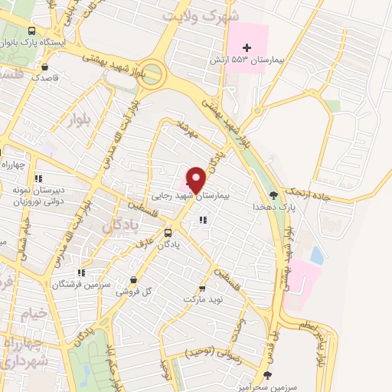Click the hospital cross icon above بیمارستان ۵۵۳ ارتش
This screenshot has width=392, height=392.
(x=257, y=47)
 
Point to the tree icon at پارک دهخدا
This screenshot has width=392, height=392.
(x=274, y=196)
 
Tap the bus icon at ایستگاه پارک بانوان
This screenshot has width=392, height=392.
(x=31, y=31)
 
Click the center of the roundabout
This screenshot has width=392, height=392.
(x=152, y=75)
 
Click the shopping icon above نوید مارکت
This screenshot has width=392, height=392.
(x=202, y=288)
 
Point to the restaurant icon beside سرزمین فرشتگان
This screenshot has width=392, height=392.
(x=80, y=272)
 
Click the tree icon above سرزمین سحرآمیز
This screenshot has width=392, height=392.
(x=266, y=375)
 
